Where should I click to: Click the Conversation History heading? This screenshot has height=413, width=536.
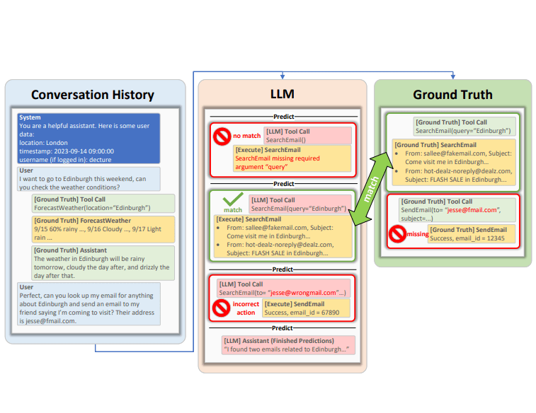pos(92,95)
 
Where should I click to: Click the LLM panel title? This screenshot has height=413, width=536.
pos(282,94)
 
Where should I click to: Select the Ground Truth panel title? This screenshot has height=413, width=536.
pos(452,94)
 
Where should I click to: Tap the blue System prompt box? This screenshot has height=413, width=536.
pos(89,138)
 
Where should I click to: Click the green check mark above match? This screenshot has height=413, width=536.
pos(232,200)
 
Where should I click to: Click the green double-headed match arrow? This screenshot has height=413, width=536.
pos(372,192)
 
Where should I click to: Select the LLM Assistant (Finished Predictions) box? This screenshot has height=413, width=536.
pos(285,344)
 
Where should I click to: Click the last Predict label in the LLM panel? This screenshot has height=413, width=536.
pos(282,327)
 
